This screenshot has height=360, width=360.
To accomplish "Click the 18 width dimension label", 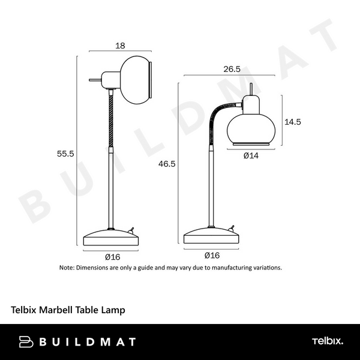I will pos(119,44).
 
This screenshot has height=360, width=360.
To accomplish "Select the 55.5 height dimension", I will pos(65,154).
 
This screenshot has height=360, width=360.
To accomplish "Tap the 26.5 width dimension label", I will pos(232,68).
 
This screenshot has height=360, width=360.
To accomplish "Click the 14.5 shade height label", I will pos(293,121).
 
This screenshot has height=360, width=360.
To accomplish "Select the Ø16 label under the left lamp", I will pos(112,256).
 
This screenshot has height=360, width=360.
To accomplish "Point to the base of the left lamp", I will pos(111,238).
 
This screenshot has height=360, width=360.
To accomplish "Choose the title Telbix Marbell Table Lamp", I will pos(68,310).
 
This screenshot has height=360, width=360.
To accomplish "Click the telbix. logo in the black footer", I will pos(328,341).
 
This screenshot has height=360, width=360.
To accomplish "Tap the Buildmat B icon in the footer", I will pos(27,341).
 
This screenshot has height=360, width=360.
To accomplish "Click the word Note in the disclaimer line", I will pos(67,268).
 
